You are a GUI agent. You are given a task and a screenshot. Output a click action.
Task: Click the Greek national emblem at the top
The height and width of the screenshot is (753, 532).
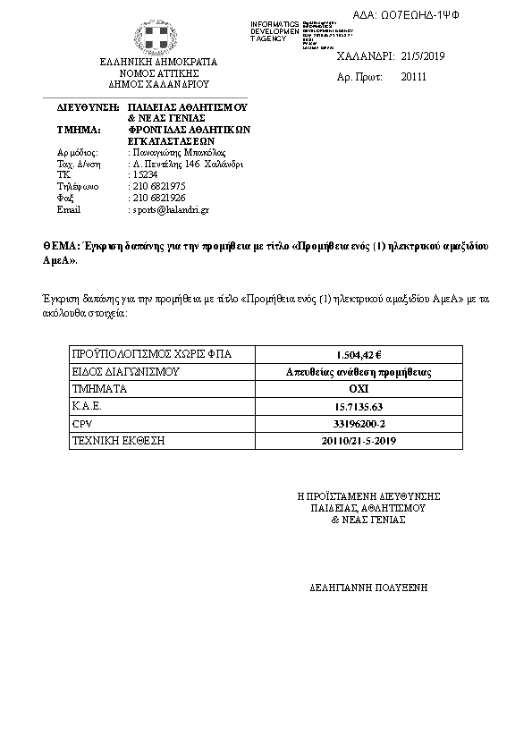point(157,38)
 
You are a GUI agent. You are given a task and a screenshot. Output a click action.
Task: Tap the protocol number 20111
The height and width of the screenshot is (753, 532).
point(414,78)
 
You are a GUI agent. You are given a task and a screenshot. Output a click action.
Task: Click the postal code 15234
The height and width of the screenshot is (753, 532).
point(145,174)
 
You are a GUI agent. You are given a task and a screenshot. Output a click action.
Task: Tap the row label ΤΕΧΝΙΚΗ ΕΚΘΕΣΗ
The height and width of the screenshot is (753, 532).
point(118,441)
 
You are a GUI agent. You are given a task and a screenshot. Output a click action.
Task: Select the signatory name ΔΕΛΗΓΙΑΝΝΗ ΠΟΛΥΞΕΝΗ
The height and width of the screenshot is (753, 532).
point(368,588)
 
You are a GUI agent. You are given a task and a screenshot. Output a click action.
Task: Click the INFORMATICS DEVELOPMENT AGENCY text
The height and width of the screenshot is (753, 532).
point(275,30)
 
